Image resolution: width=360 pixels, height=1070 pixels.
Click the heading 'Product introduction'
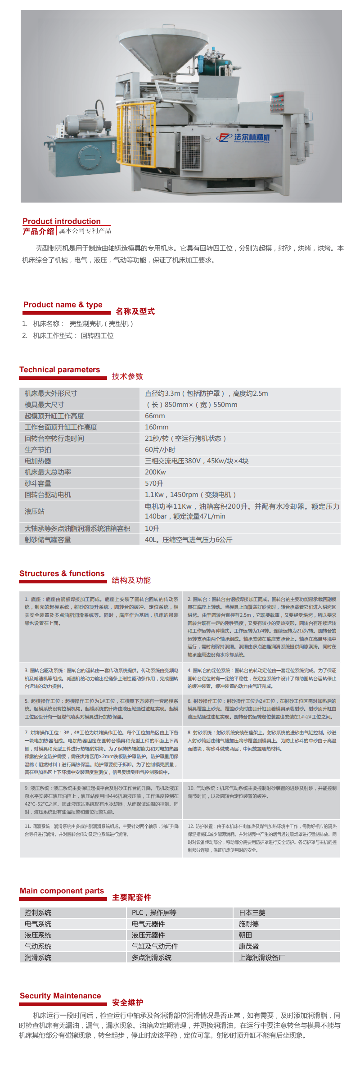tap(62, 221)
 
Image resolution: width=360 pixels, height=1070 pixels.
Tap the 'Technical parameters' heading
tap(60, 370)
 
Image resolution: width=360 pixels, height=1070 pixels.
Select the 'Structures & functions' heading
tap(62, 573)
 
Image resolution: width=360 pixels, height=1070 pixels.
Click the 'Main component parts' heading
tap(62, 891)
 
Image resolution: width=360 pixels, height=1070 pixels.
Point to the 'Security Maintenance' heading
tap(60, 996)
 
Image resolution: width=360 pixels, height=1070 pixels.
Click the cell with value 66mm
tap(155, 416)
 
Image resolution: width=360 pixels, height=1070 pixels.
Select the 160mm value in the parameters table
tap(157, 427)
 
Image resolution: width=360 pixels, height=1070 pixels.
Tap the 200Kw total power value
tap(155, 472)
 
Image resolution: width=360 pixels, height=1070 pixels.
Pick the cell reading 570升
tap(154, 483)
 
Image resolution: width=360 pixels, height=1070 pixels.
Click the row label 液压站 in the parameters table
tap(35, 511)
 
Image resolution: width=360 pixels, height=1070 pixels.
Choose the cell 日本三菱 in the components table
tap(252, 912)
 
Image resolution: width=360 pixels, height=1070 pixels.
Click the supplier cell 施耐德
tap(249, 924)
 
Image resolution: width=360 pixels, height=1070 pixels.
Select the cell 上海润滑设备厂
tap(262, 957)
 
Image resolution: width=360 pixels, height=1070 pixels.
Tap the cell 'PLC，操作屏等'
tap(154, 912)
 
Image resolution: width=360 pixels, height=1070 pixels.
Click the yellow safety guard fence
tap(135, 135)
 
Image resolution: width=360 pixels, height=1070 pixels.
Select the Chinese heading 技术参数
tap(127, 376)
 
